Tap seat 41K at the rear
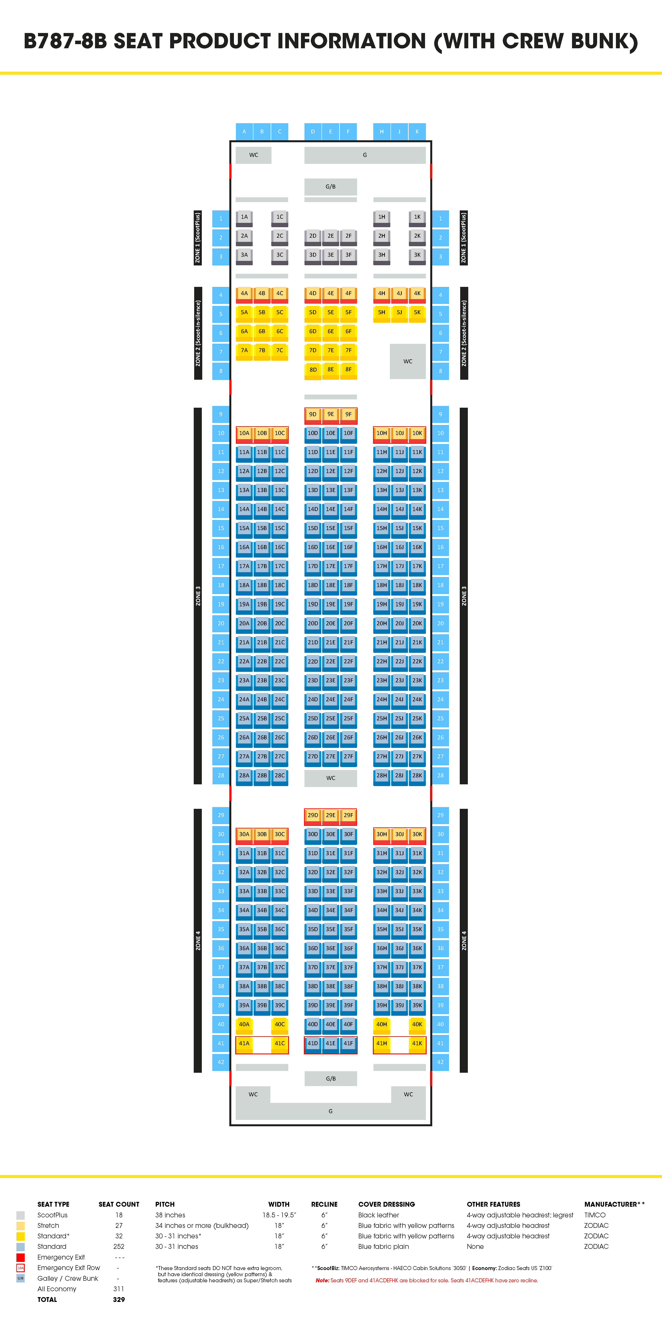(417, 1043)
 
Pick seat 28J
(399, 776)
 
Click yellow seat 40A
(244, 1024)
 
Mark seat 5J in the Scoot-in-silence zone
(399, 312)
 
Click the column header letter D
(313, 131)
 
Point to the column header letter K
(417, 131)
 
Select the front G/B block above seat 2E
(331, 187)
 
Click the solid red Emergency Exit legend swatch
(21, 1257)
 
